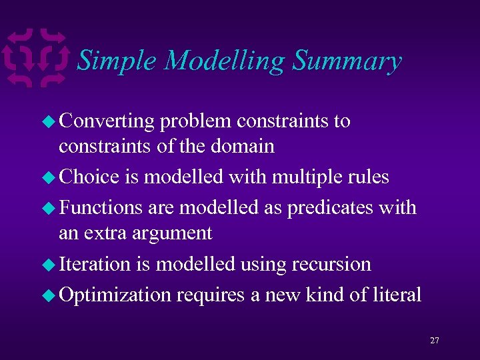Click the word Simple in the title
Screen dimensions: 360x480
(117, 61)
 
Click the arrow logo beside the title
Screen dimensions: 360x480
(36, 57)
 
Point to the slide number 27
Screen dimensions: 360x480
(434, 341)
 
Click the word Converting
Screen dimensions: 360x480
(107, 121)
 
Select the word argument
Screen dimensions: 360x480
(173, 233)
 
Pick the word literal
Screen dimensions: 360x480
(396, 295)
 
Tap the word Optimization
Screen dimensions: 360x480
(115, 295)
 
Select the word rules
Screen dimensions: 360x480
(371, 177)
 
